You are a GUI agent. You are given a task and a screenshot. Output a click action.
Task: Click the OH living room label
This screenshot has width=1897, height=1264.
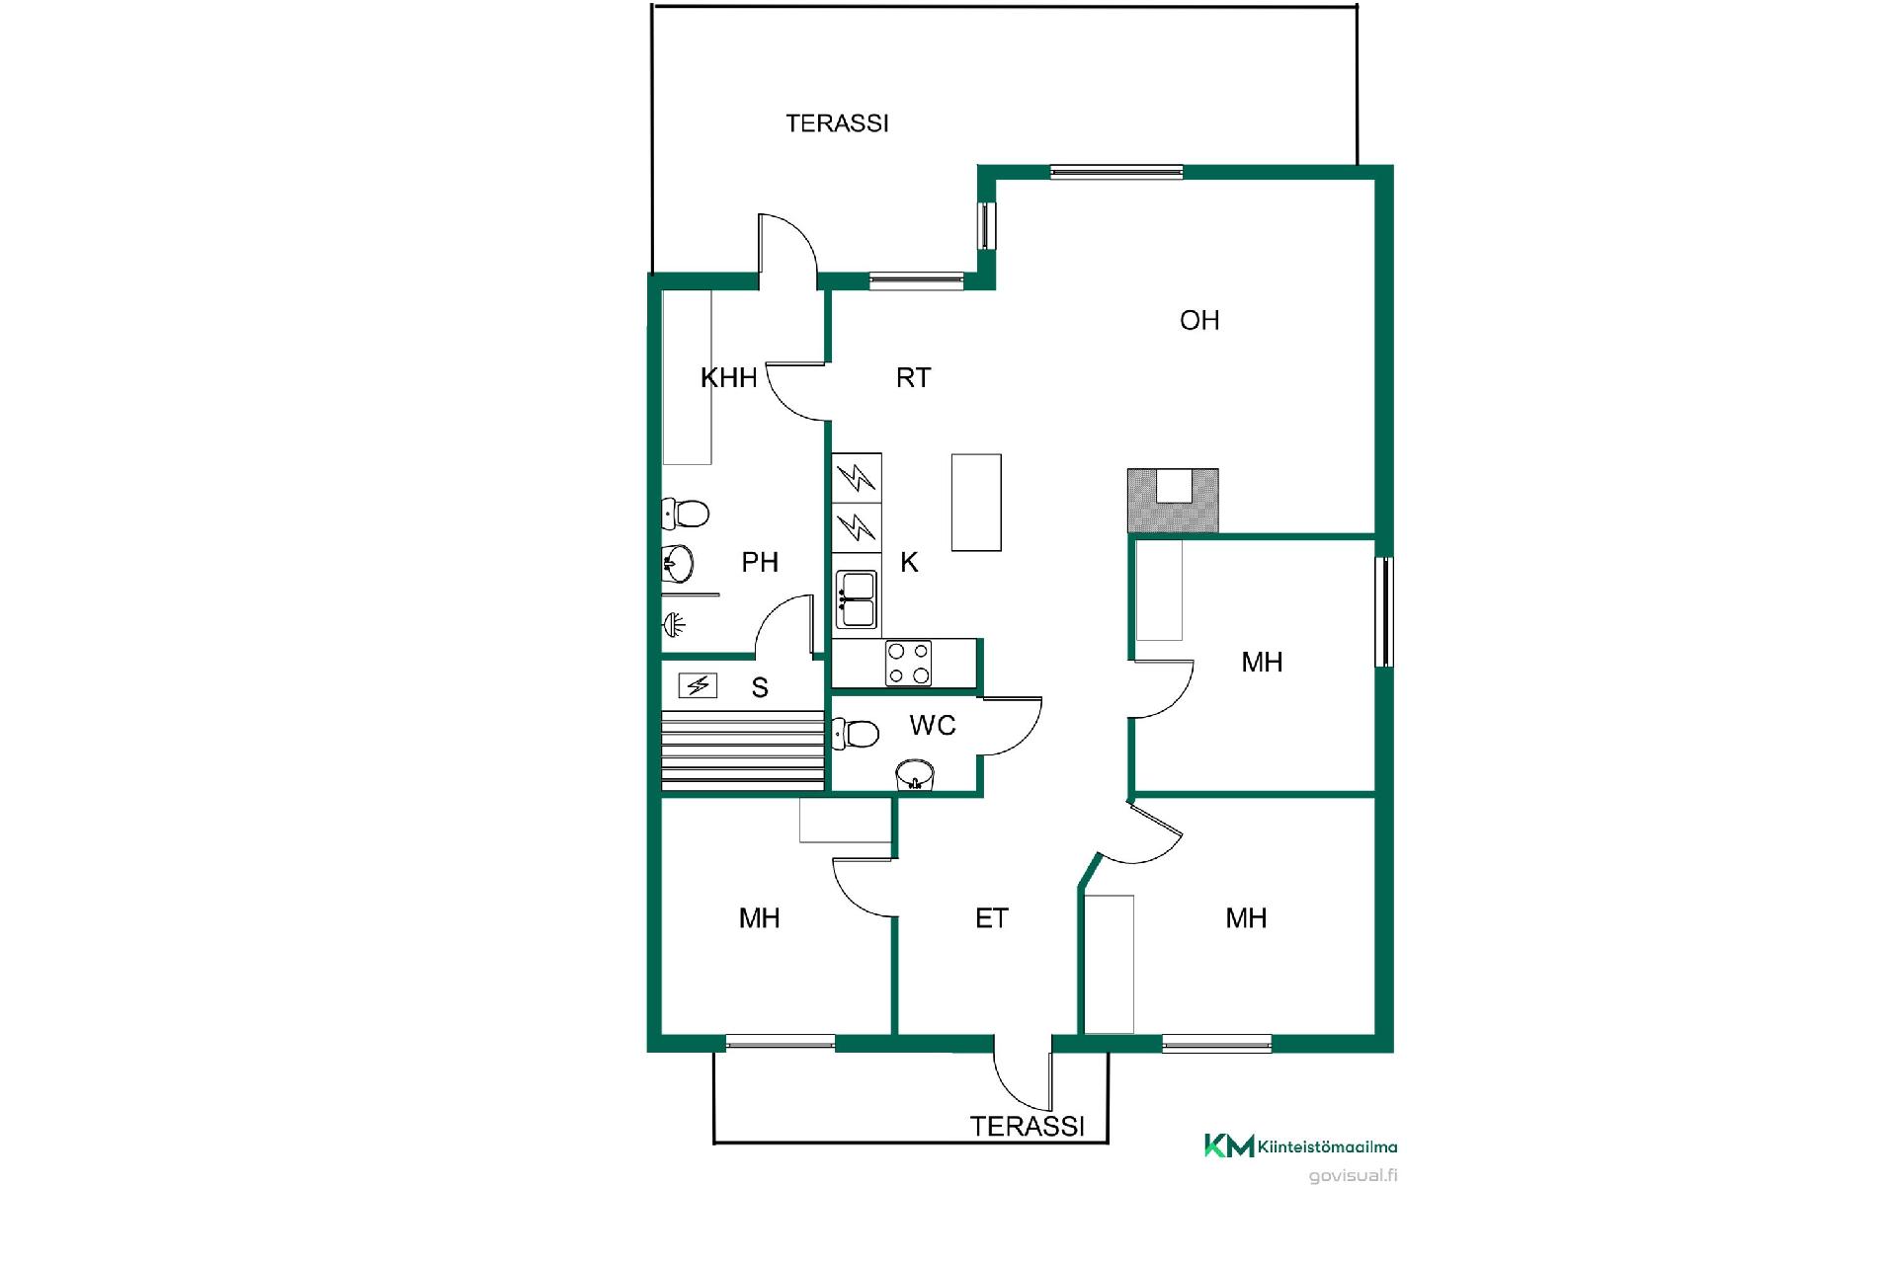point(1199,320)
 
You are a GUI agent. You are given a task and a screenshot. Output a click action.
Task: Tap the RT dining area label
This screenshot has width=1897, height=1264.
point(913,377)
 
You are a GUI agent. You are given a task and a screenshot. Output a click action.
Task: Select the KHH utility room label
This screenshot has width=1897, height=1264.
point(729,377)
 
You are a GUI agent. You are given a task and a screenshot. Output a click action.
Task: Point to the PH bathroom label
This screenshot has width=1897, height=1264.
point(760,562)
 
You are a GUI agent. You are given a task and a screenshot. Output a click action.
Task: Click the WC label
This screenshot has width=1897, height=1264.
point(933,726)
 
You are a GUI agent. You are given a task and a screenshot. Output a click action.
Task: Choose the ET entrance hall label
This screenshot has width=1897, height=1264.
point(992,918)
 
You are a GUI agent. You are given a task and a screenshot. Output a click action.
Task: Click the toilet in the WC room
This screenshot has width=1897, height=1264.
point(857,734)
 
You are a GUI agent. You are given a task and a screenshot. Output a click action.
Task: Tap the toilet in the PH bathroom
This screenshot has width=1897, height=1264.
point(686,513)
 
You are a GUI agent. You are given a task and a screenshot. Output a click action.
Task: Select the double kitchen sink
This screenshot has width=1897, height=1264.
point(857,599)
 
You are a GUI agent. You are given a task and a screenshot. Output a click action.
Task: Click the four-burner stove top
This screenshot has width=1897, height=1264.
point(908,663)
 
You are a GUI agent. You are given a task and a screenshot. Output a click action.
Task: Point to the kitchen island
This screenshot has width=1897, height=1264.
point(976,502)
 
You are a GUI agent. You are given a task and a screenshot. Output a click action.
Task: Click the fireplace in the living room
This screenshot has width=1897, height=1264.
point(1173,502)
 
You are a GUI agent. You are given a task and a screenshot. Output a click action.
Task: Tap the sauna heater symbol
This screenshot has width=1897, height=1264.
point(699,684)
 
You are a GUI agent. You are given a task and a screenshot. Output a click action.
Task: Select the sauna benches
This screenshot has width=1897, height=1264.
point(743,750)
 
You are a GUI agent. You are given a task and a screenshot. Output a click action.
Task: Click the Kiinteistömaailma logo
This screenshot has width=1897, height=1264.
point(1300,1145)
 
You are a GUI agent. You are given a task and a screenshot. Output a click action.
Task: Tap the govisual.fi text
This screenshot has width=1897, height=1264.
point(1353,1175)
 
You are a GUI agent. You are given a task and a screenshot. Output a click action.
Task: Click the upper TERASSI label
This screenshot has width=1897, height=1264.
point(837,123)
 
